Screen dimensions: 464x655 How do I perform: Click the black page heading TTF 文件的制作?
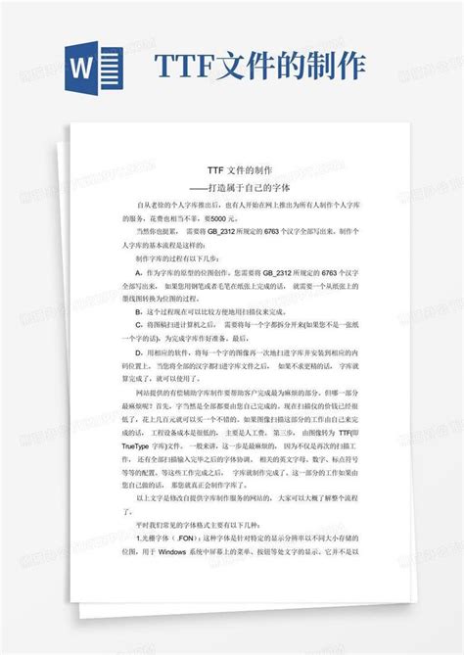(x=231, y=169)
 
